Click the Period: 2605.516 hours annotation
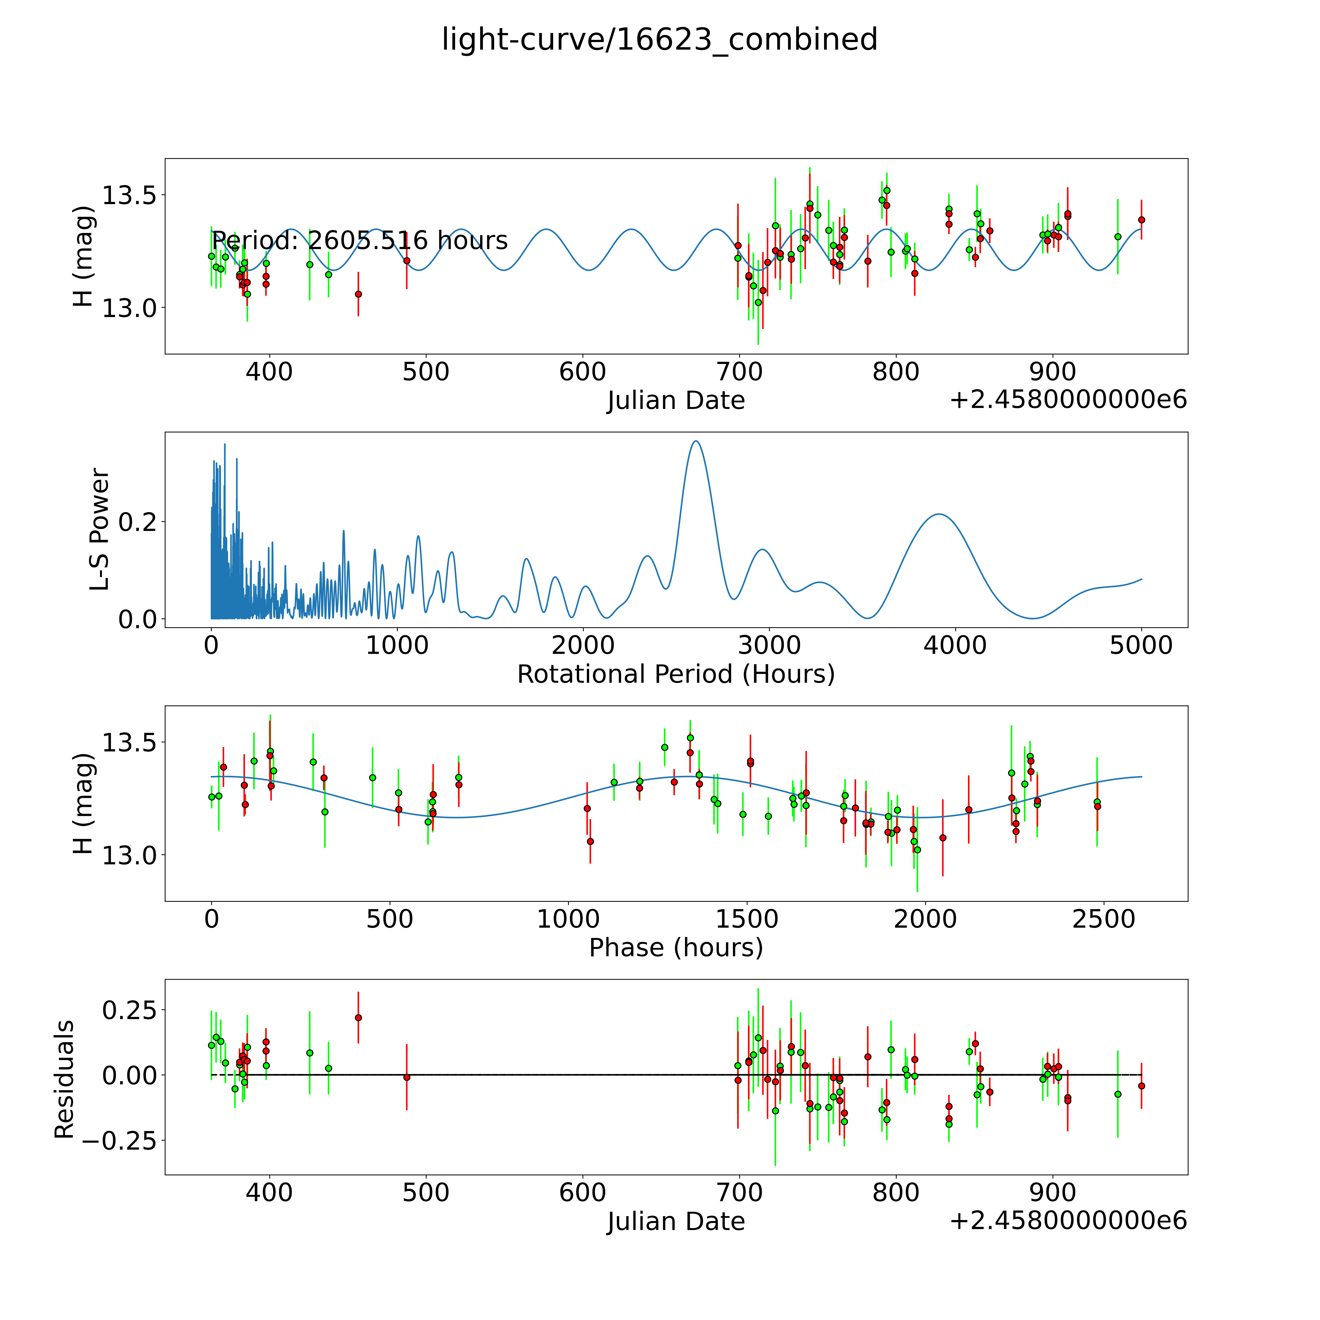pos(359,241)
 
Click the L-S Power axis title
pos(100,529)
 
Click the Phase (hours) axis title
pos(676,948)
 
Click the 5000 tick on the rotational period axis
pos(1141,645)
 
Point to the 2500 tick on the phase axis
pos(1103,919)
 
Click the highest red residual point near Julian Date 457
pos(358,1017)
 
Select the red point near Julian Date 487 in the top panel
pos(407,260)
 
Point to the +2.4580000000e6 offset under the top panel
pos(1068,400)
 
